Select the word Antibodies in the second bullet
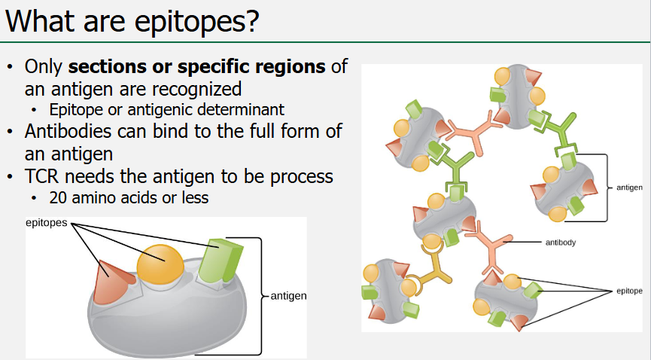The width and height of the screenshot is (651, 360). click(66, 131)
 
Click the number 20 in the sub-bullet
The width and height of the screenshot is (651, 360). click(58, 199)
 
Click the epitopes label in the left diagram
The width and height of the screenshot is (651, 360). click(47, 224)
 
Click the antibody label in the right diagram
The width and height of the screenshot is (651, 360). click(561, 243)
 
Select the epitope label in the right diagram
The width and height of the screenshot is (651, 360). click(629, 290)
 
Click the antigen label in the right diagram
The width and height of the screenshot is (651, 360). click(629, 187)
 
